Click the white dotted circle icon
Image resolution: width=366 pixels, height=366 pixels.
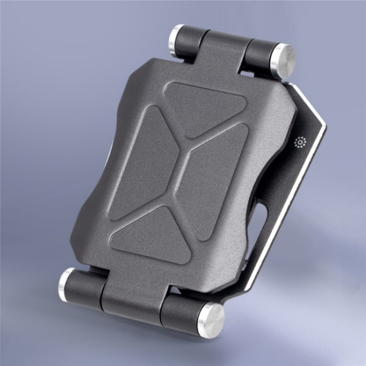(x=300, y=143)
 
